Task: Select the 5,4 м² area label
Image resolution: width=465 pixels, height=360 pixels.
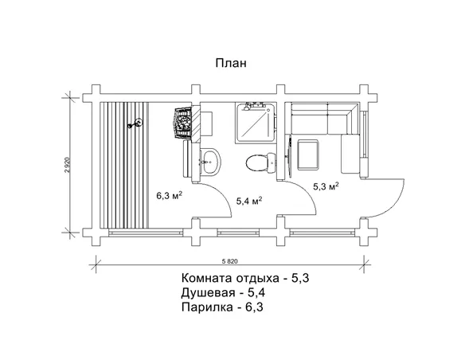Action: tap(249, 201)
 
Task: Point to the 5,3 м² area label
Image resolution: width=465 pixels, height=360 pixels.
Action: tap(326, 186)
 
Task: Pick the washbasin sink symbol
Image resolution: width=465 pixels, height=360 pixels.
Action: tap(209, 160)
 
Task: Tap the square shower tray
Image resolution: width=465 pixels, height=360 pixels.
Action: tap(255, 121)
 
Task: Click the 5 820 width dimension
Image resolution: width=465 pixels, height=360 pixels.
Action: tap(230, 260)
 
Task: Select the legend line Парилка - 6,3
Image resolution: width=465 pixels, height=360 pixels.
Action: tap(222, 306)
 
